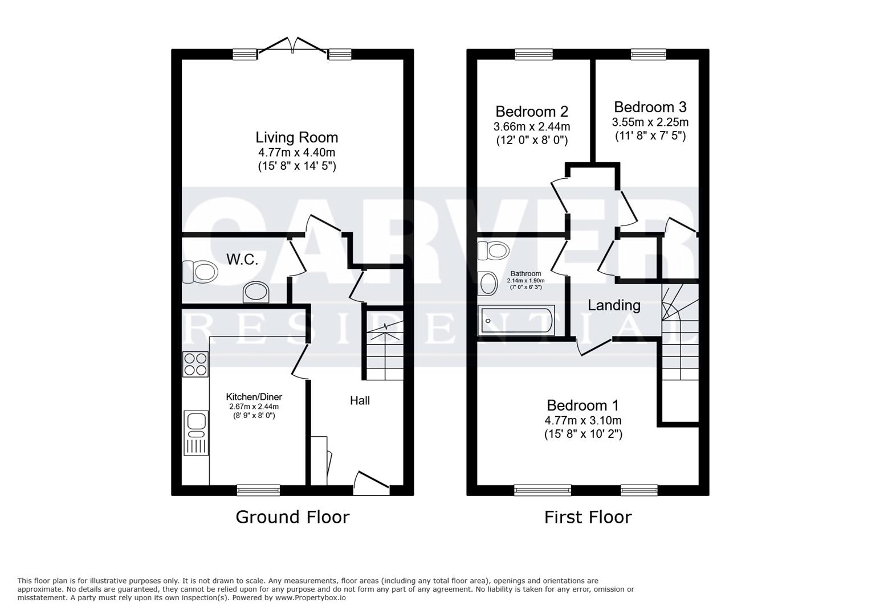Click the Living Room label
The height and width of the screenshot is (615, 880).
tap(296, 137)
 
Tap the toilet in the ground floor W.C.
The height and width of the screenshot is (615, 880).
tap(200, 272)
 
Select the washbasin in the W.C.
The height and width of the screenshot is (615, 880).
tap(256, 293)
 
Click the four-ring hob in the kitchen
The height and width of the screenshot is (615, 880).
tap(195, 364)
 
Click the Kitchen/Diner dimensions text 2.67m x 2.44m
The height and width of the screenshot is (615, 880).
tap(254, 407)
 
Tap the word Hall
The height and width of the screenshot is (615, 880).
tap(360, 400)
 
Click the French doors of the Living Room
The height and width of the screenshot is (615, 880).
tap(292, 46)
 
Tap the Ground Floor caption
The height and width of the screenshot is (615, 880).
tap(292, 517)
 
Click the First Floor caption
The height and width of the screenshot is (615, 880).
tap(588, 517)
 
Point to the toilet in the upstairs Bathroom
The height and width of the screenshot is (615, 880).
tap(492, 250)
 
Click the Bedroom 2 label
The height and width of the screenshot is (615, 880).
tap(531, 111)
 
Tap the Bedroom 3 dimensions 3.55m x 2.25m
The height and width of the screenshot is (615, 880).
tap(650, 122)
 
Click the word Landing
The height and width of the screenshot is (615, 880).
tap(614, 305)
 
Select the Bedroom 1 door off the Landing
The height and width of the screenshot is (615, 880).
tap(594, 347)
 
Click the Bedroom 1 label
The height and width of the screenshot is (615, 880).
tap(582, 405)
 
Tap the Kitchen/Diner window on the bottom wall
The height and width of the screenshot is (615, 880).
tap(258, 489)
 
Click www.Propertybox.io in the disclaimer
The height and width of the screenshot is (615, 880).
tap(310, 598)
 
